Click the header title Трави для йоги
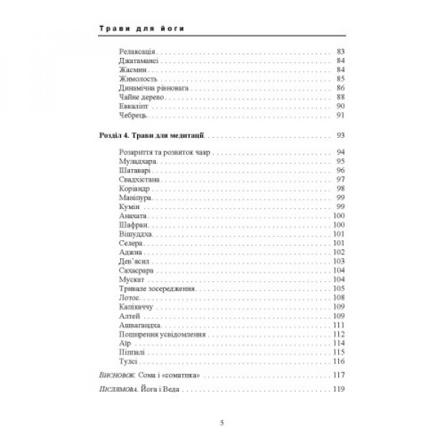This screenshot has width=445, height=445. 140,30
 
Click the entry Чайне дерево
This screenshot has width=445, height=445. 139,96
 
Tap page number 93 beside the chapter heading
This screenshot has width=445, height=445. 341,136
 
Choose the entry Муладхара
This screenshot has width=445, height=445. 137,161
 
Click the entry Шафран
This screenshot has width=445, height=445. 131,224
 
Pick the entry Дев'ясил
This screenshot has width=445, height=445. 133,261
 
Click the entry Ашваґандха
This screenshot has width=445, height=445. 139,324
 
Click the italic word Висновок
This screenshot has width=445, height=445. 117,376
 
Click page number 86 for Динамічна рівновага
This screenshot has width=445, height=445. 341,88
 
